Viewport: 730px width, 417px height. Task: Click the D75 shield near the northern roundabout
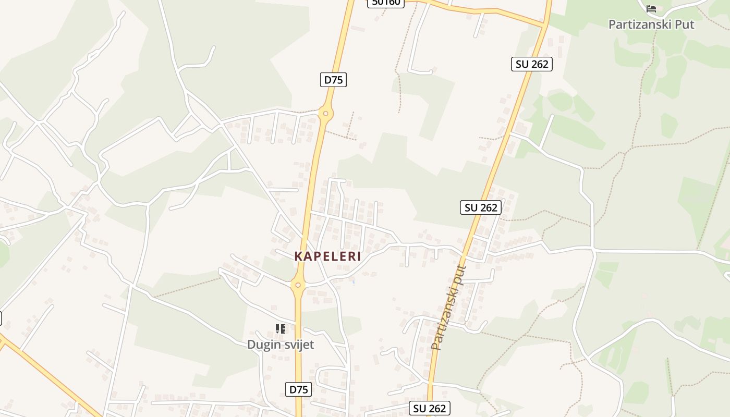tap(333, 80)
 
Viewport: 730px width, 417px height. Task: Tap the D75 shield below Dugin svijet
tap(299, 389)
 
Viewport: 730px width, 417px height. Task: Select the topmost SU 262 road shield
tap(531, 64)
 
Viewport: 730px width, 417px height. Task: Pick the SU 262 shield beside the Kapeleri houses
tap(481, 207)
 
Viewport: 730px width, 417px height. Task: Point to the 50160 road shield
tap(386, 3)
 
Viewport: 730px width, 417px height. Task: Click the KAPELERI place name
tap(327, 256)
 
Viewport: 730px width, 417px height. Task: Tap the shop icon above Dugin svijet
tap(281, 328)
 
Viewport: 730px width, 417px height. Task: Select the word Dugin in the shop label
tap(264, 345)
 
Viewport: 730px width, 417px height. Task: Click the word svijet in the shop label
tap(298, 345)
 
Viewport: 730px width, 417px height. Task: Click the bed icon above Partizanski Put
tap(651, 9)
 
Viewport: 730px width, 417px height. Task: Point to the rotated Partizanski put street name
tap(449, 308)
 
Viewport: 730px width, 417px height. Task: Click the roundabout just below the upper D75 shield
tap(325, 113)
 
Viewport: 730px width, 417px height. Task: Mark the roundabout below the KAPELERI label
tap(298, 285)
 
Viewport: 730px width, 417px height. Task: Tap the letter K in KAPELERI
tap(298, 256)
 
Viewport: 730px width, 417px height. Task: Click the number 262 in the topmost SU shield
tap(539, 64)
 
